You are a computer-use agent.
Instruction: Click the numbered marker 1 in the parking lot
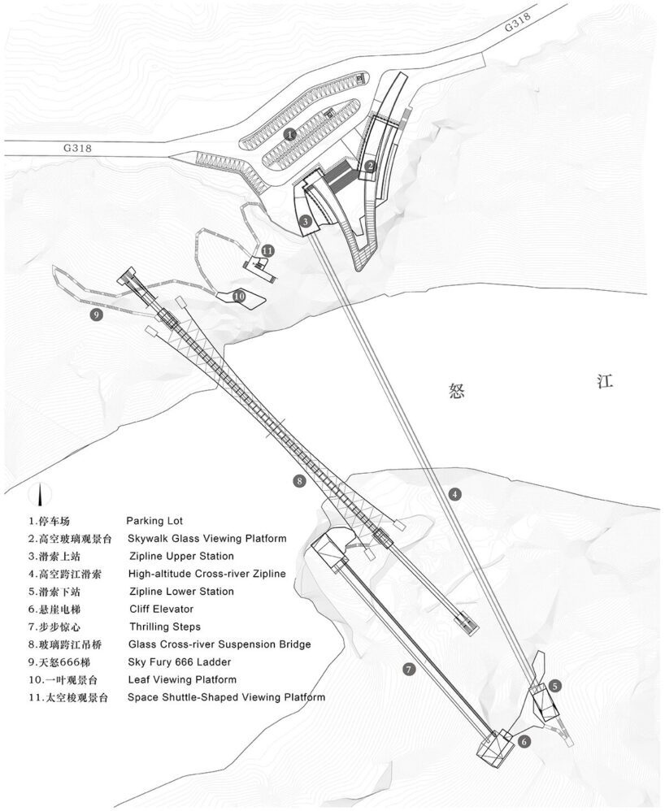[x=290, y=134]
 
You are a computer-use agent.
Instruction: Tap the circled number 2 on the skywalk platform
[x=370, y=167]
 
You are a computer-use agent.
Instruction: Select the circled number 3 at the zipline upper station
[x=303, y=220]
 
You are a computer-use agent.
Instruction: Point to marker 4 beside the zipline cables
[x=455, y=493]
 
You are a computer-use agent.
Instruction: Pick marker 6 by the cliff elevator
[x=524, y=741]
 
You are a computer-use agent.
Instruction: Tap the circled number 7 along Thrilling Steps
[x=409, y=669]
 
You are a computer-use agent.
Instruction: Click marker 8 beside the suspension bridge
[x=300, y=482]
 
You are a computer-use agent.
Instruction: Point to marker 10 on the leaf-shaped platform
[x=239, y=297]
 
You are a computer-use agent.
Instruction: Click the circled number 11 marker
[x=267, y=251]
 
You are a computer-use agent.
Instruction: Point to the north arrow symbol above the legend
[x=39, y=493]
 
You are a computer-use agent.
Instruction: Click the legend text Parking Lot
[x=154, y=520]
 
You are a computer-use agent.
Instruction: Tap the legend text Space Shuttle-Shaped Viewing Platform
[x=226, y=697]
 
